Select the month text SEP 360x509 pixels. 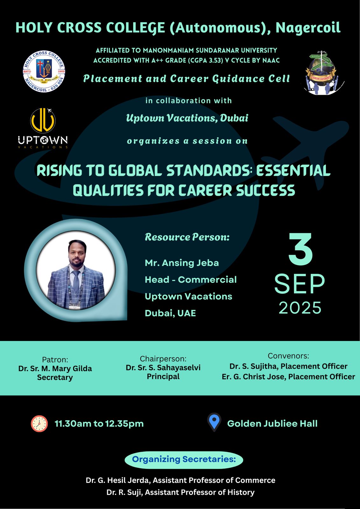[300, 284]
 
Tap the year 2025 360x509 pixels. [300, 308]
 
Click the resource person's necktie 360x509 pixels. [76, 281]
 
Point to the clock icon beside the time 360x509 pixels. [39, 423]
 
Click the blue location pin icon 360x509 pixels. [214, 422]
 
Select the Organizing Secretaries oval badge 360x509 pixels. [184, 459]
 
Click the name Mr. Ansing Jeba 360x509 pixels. [182, 263]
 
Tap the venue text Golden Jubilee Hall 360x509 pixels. [272, 423]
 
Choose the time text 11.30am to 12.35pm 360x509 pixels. [99, 423]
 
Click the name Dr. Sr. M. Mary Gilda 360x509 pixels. [55, 368]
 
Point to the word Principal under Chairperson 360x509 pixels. [163, 377]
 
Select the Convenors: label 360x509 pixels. [288, 356]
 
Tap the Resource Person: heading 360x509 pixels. [187, 237]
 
